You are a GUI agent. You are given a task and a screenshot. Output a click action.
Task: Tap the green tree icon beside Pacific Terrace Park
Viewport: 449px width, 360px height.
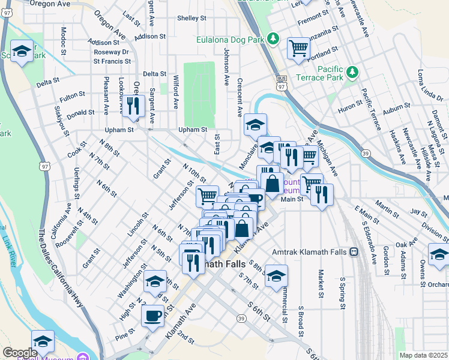[x=352, y=73]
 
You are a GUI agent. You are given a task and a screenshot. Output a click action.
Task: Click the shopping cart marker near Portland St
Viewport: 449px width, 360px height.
[x=298, y=48]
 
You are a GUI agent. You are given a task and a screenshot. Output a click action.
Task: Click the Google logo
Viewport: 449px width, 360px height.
[x=19, y=353]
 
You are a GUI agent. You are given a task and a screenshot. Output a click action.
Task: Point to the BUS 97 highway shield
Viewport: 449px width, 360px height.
[x=282, y=83]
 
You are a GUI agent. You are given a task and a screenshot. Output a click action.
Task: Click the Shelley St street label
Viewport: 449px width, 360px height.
[x=192, y=18]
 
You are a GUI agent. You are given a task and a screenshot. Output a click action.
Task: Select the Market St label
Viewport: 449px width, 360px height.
[x=321, y=284]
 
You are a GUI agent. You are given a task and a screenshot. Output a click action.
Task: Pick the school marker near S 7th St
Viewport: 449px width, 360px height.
[x=277, y=275]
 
